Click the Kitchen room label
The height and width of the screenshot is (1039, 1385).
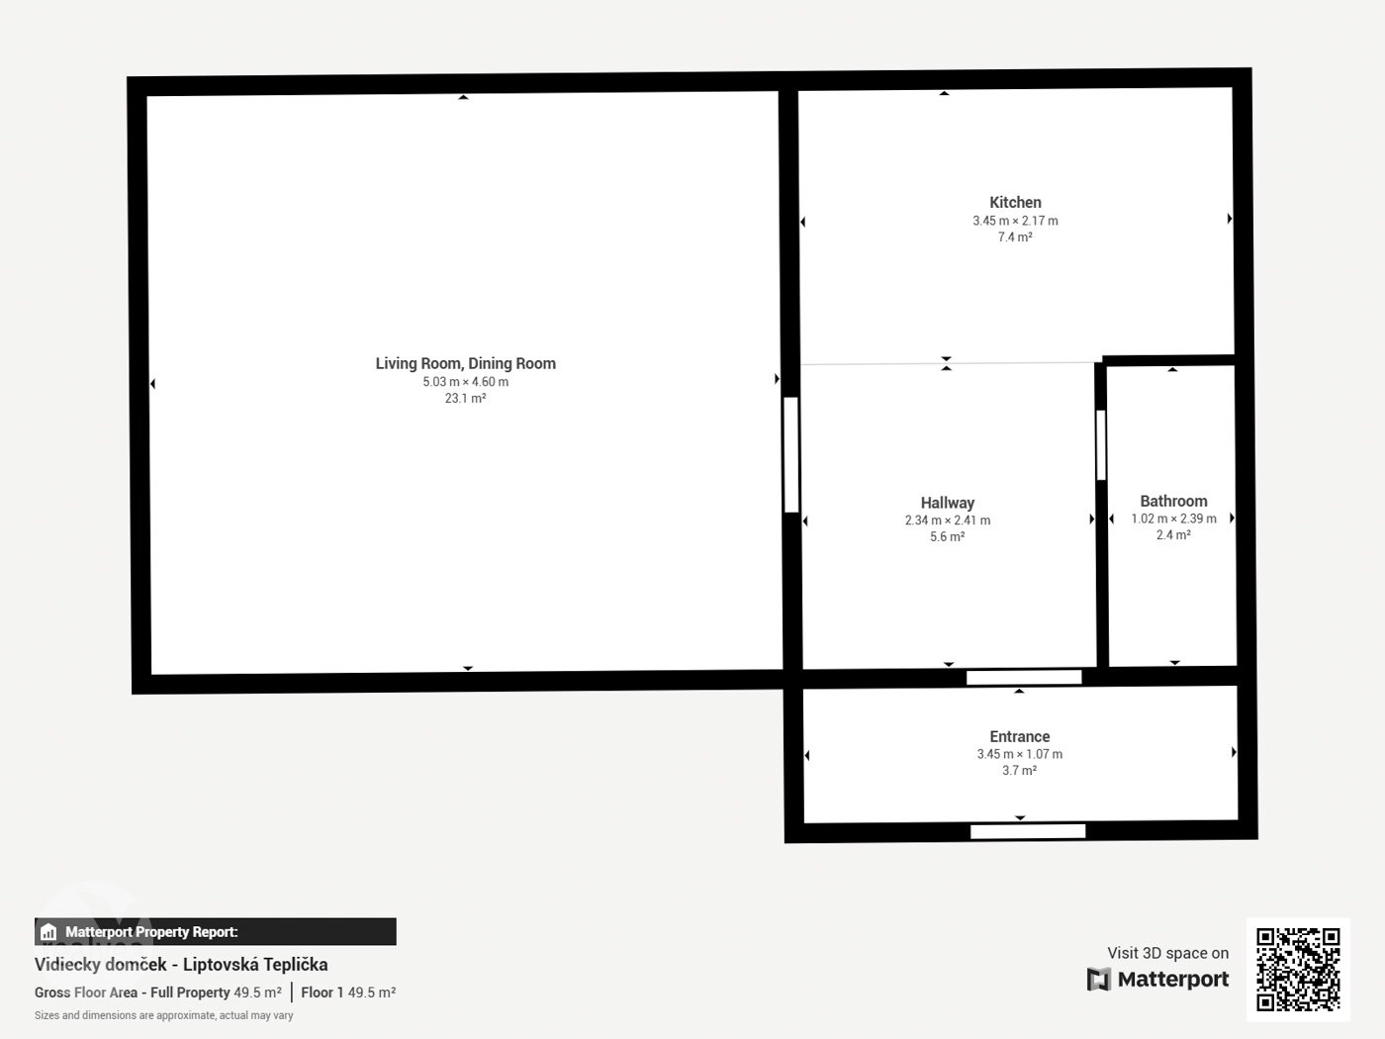(1015, 203)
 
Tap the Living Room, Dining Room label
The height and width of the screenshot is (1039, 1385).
(466, 363)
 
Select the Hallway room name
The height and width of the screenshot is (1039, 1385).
(947, 503)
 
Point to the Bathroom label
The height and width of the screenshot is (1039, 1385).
(1173, 501)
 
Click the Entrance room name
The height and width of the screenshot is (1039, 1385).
(1020, 736)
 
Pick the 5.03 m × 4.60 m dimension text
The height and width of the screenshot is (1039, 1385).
(466, 382)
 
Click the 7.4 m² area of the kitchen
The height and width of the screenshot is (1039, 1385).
(1015, 236)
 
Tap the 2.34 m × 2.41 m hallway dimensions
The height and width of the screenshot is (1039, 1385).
(947, 520)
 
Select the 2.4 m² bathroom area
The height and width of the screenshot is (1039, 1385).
(1173, 535)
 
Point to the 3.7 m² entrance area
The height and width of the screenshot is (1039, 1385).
(1020, 770)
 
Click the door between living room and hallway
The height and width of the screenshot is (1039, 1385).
(791, 454)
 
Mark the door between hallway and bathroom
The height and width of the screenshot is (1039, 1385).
(1101, 444)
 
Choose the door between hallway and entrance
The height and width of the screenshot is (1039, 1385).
(1024, 677)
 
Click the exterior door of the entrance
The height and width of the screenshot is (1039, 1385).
(1028, 831)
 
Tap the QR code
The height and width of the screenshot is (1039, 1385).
(1298, 970)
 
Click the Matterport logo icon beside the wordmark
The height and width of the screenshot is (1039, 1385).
(1098, 979)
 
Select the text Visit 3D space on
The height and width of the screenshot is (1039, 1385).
(1168, 953)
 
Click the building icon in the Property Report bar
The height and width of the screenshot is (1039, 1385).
(48, 932)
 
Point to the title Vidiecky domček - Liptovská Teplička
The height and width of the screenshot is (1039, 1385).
(181, 965)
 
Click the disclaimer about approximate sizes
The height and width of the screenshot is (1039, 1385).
(164, 1015)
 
